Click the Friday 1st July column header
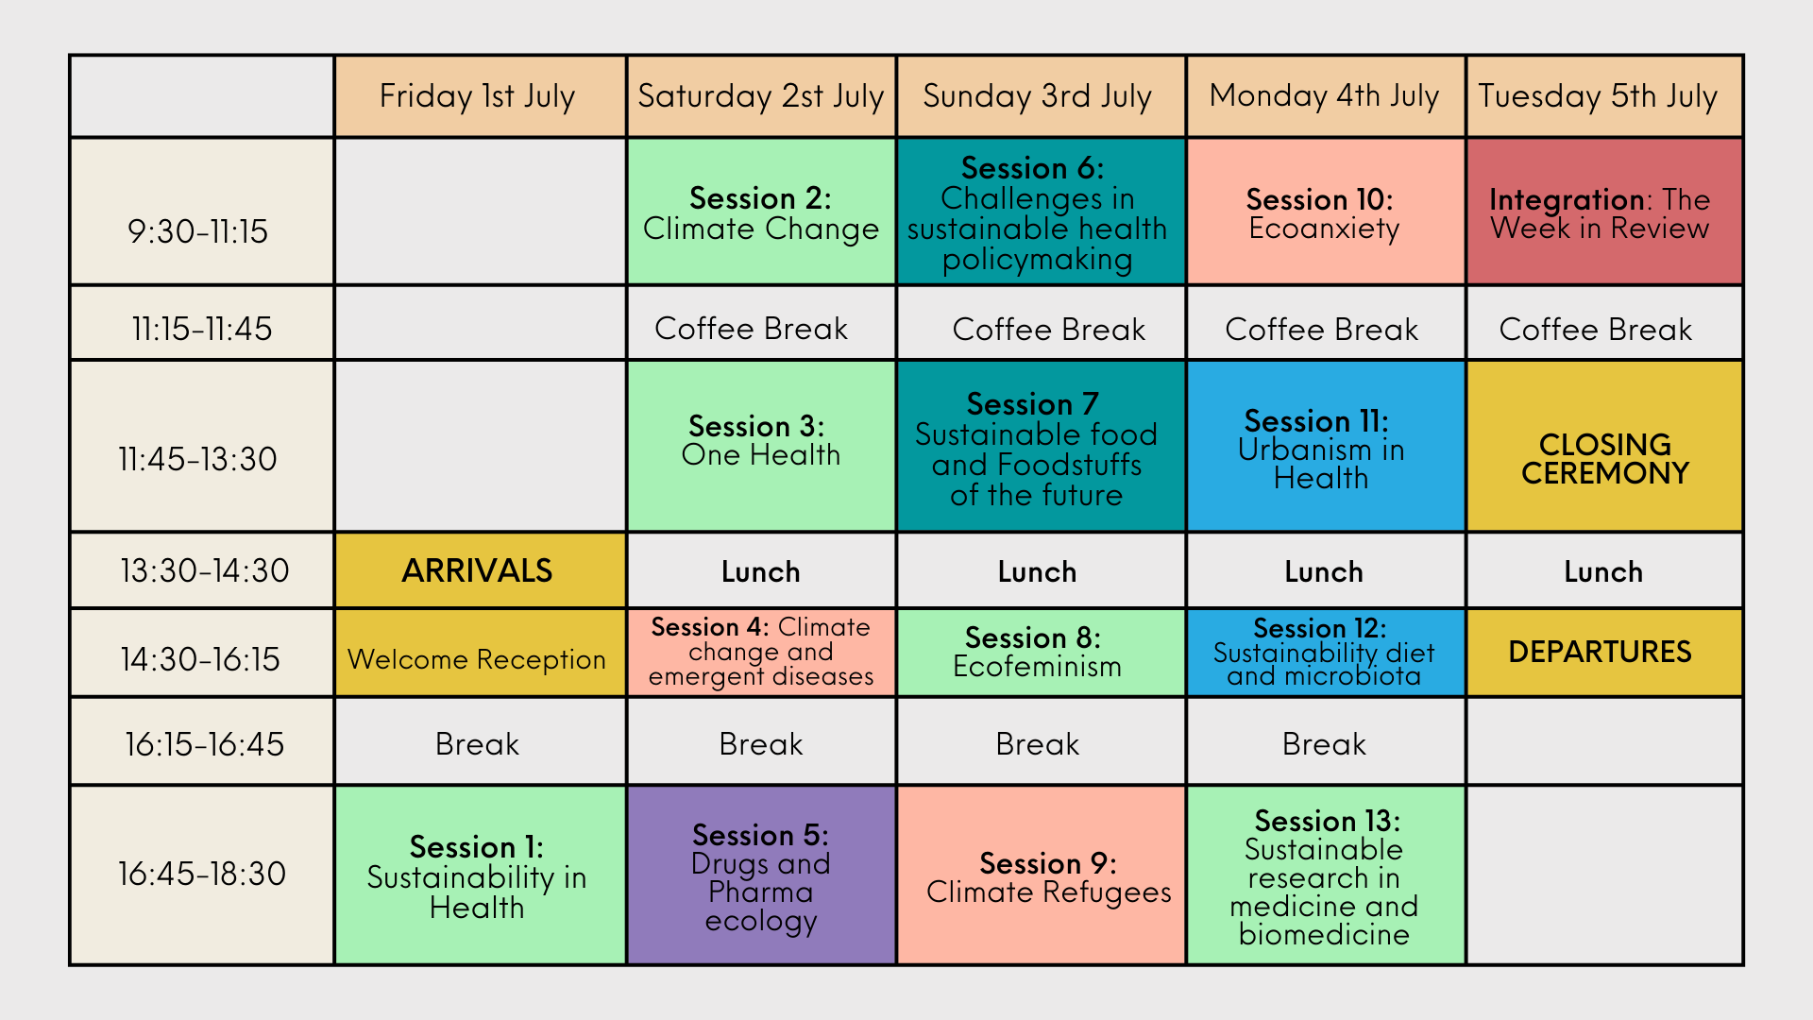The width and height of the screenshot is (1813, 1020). (480, 96)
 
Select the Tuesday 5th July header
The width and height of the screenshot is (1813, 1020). (1604, 96)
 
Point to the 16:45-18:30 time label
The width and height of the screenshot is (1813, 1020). (202, 875)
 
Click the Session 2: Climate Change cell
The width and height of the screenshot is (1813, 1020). (761, 212)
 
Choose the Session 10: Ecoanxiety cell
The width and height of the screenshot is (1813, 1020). (1326, 212)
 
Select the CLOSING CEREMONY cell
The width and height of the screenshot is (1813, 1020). (1604, 446)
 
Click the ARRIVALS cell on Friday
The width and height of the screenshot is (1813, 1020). (480, 570)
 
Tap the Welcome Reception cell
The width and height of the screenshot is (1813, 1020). (480, 653)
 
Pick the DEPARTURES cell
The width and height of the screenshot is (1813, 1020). (1604, 653)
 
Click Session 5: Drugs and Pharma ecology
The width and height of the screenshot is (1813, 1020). (761, 875)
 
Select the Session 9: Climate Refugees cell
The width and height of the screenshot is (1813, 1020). (1041, 875)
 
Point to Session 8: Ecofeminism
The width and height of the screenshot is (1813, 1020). (1041, 653)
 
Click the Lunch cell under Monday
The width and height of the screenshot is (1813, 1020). (1326, 570)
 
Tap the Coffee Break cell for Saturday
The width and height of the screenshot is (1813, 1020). (761, 323)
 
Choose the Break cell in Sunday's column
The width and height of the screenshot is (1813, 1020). (1041, 741)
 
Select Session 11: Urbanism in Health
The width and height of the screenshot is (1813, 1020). (1326, 446)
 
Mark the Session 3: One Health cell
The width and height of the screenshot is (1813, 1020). (761, 446)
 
